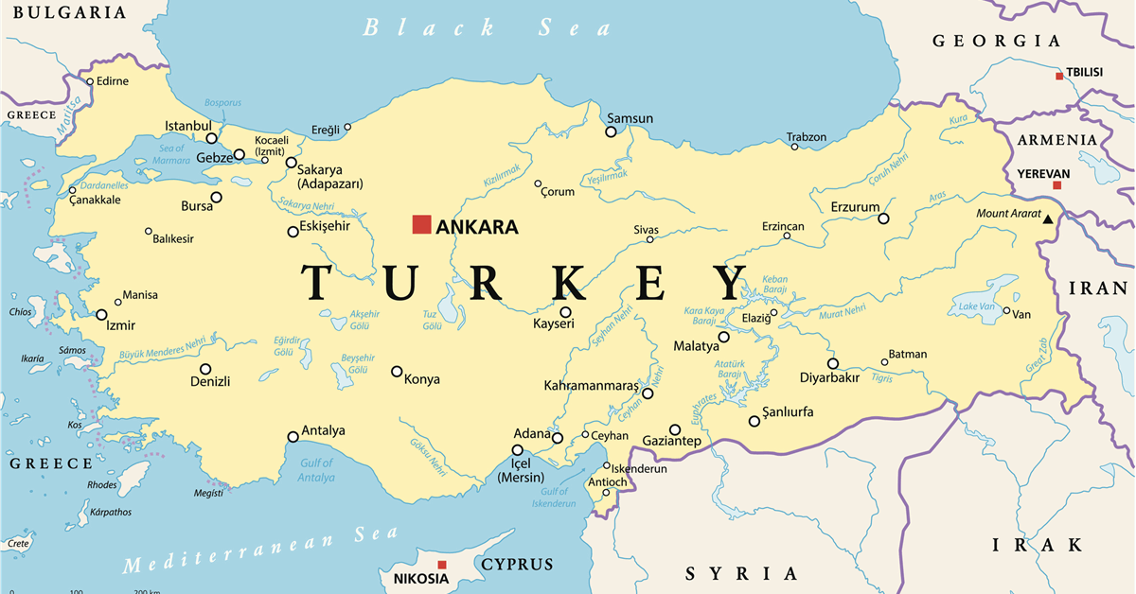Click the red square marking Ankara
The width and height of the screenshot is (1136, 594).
click(421, 224)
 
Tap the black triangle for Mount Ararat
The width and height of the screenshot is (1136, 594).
click(1048, 219)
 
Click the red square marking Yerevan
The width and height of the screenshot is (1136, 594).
click(1057, 185)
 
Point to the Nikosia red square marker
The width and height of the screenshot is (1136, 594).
click(441, 565)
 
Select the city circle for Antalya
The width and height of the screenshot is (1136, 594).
click(293, 437)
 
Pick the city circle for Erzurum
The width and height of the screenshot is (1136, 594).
click(883, 218)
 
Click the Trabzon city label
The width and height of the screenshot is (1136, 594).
click(807, 137)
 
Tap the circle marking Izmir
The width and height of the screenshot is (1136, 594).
click(101, 315)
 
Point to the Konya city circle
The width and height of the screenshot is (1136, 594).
click(397, 372)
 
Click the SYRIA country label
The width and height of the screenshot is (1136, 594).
click(741, 573)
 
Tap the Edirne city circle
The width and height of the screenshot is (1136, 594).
click(91, 81)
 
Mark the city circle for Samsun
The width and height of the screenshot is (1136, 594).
click(612, 131)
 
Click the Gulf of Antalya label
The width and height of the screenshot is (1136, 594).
click(315, 470)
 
